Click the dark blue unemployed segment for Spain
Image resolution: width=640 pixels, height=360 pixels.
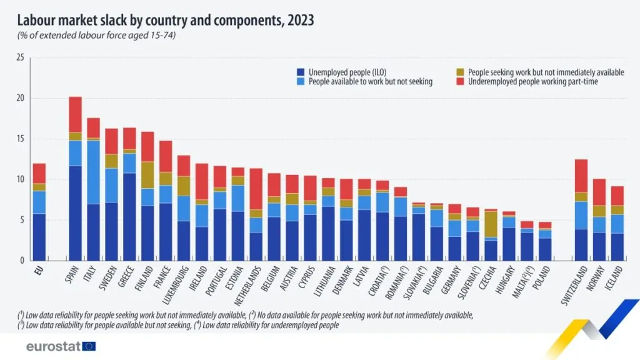click(75, 212)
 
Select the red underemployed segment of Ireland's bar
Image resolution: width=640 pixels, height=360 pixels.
click(201, 181)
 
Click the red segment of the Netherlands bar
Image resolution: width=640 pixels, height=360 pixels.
click(256, 189)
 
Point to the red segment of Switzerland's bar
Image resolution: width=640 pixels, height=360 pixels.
click(581, 176)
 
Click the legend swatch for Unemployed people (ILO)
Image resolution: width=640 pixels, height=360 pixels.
click(300, 72)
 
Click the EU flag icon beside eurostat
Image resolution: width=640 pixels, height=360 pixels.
click(89, 346)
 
